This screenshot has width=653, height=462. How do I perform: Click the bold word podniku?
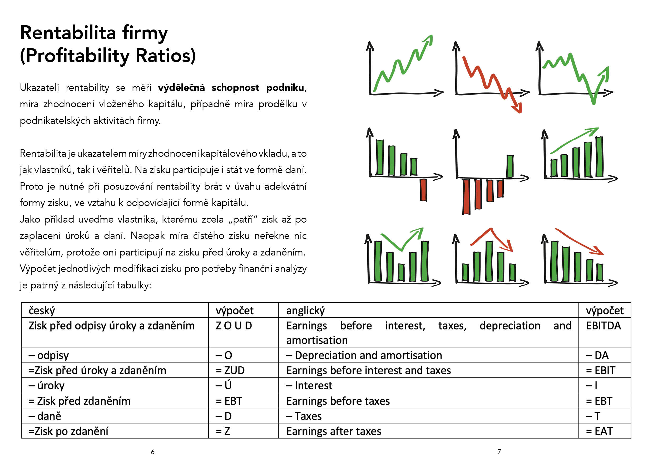click(x=285, y=88)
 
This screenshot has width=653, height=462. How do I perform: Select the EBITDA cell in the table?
click(x=605, y=332)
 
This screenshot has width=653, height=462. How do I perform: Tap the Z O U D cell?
click(x=243, y=332)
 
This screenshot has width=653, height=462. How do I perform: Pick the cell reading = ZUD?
click(x=243, y=370)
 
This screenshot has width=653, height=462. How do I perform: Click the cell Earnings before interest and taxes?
click(x=428, y=370)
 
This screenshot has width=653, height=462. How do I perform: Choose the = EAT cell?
click(x=605, y=431)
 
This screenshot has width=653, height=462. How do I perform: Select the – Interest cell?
click(x=428, y=385)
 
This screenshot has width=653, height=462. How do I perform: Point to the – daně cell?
click(x=115, y=416)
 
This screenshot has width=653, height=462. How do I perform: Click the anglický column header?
click(x=428, y=310)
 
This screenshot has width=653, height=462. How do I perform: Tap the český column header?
click(x=115, y=310)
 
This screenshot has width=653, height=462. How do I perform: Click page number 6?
click(x=153, y=452)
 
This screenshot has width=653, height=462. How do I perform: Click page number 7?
click(x=499, y=451)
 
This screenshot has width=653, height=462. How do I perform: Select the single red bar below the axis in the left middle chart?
click(x=423, y=190)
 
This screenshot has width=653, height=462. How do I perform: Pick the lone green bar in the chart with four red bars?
click(x=510, y=166)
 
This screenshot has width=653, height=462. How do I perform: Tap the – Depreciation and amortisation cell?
click(x=428, y=355)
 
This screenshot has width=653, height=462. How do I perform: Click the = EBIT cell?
click(x=605, y=370)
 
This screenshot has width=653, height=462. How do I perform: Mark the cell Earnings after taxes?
click(x=428, y=431)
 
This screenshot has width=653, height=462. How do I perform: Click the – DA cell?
click(x=605, y=355)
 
